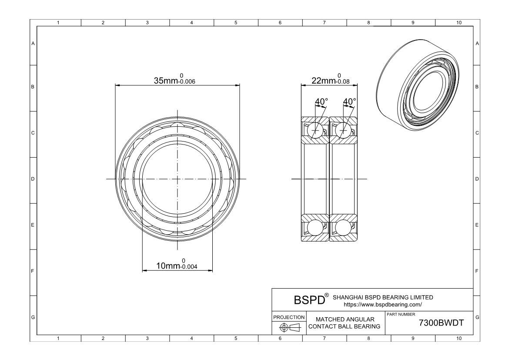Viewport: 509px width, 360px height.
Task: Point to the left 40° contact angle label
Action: click(321, 101)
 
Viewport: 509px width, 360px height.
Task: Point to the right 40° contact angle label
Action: click(349, 101)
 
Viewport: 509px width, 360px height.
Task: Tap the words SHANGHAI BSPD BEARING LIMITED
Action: click(383, 297)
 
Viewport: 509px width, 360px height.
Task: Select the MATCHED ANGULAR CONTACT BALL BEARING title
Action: click(345, 323)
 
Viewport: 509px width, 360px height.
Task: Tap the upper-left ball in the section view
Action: click(315, 130)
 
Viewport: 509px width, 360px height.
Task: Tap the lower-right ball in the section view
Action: click(343, 228)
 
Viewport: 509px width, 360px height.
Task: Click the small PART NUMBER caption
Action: click(401, 314)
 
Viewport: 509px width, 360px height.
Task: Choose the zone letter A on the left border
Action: click(33, 44)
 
